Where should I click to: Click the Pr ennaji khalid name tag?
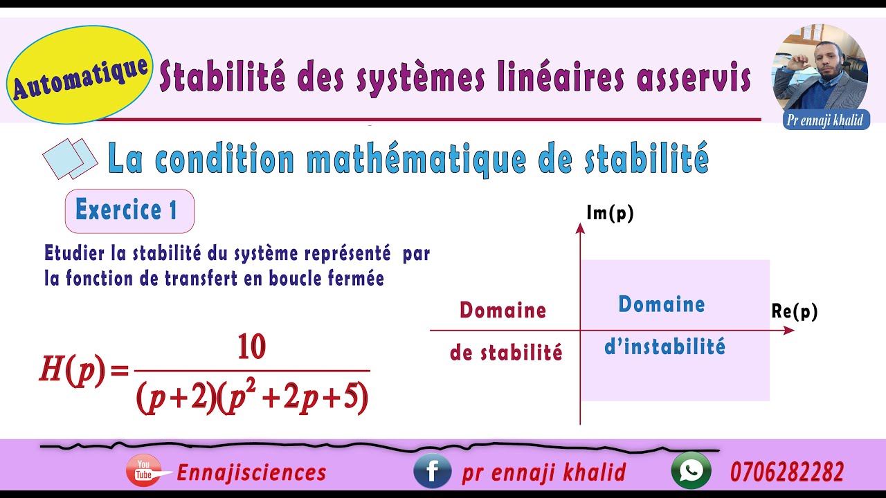826,120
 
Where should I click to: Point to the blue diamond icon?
70,158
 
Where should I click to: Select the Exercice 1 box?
129,210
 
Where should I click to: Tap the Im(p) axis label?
610,214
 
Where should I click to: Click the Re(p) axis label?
795,312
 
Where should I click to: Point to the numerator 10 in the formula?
251,347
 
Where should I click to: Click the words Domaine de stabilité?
505,331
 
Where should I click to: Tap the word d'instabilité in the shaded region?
664,346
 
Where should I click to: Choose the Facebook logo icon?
432,471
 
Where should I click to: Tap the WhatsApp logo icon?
691,471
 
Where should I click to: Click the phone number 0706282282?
787,472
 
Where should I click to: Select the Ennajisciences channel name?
251,472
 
